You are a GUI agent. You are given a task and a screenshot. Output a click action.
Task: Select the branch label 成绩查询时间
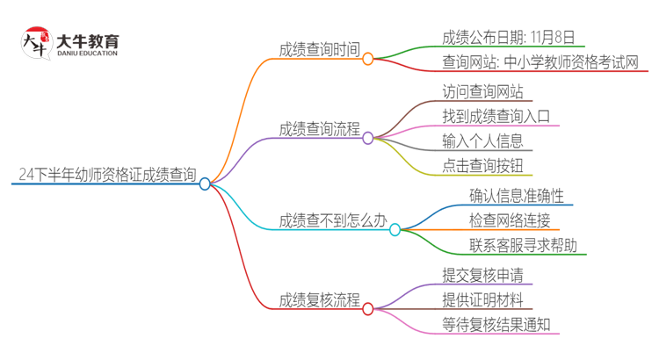point(320,49)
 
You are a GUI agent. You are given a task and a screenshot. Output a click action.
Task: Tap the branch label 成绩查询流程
point(320,128)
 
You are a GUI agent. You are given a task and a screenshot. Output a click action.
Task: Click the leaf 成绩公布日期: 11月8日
point(509,37)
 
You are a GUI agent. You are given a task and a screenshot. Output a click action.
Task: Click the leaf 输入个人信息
point(483,140)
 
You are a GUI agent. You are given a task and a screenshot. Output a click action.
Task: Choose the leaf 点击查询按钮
point(483,164)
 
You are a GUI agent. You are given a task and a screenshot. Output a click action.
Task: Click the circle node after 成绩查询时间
point(368,59)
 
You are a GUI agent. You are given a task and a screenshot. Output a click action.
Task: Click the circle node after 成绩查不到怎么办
point(395,230)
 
